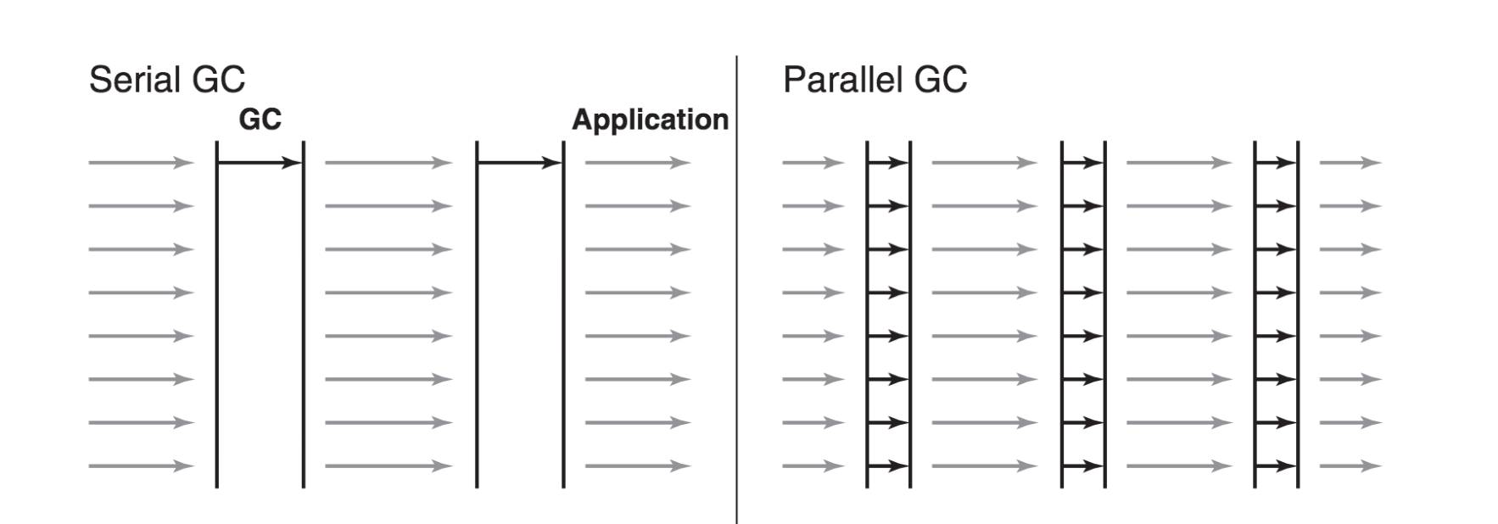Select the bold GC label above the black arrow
click(260, 120)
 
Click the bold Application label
click(650, 120)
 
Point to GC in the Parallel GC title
click(941, 81)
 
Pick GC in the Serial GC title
click(218, 81)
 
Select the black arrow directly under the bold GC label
click(260, 163)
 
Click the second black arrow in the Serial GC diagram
click(519, 163)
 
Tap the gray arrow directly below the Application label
click(637, 163)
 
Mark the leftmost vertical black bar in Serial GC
click(217, 314)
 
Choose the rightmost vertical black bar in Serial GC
click(563, 314)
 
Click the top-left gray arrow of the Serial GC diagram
click(141, 163)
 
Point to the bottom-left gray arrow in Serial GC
click(141, 465)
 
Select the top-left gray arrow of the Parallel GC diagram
click(813, 163)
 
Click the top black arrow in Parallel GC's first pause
click(888, 163)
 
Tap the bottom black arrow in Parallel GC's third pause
click(1276, 465)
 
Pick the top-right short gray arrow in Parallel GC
click(1350, 163)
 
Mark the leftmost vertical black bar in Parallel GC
click(867, 314)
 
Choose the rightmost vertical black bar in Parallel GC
click(1298, 314)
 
